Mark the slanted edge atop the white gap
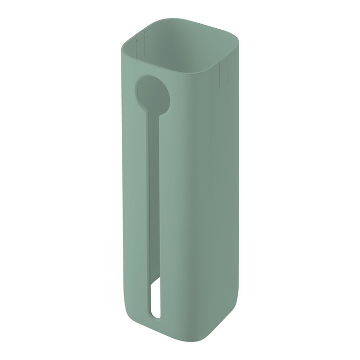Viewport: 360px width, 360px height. point(156,284)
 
